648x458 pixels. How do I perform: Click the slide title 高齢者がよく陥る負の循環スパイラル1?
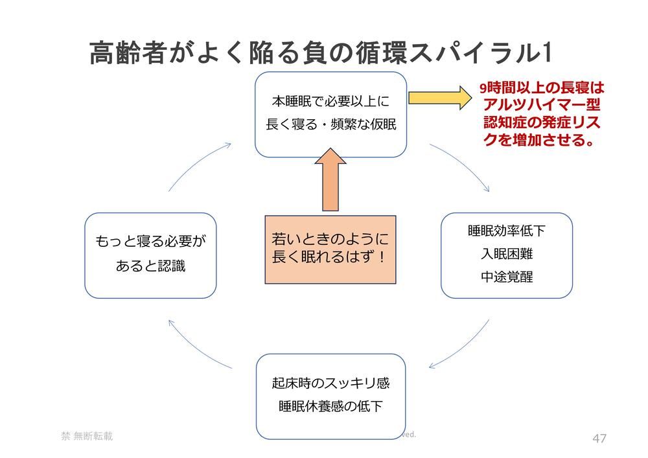click(320, 53)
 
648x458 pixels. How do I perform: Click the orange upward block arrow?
click(330, 180)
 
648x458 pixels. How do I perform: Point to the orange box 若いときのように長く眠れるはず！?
click(330, 249)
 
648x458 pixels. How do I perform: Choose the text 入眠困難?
click(506, 254)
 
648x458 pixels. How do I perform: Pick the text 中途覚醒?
click(506, 277)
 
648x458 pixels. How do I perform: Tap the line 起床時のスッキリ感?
click(330, 384)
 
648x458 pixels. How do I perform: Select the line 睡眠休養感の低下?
click(330, 407)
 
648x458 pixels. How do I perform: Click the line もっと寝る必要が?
click(150, 242)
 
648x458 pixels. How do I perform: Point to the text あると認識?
click(150, 266)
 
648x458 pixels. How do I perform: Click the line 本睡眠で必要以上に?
click(330, 102)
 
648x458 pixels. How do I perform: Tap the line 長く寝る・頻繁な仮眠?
click(330, 124)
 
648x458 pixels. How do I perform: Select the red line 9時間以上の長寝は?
click(541, 88)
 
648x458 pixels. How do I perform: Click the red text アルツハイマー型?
click(541, 105)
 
